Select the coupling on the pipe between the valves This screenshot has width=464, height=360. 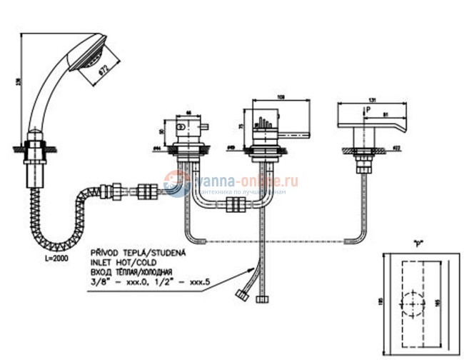pos(235,207)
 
